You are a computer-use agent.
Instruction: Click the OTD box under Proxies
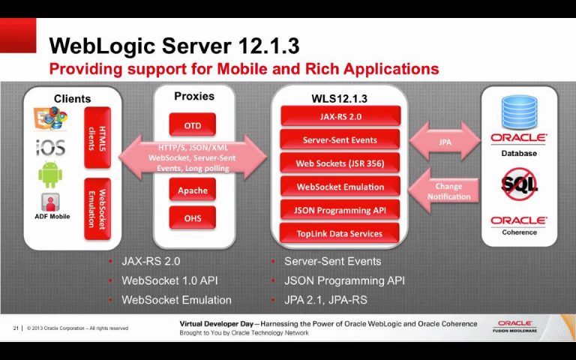pyautogui.click(x=193, y=125)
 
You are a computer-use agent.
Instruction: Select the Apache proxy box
pyautogui.click(x=193, y=190)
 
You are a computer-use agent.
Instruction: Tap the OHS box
pyautogui.click(x=193, y=217)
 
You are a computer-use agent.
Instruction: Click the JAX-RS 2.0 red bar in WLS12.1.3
pyautogui.click(x=340, y=116)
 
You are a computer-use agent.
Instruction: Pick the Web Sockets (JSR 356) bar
pyautogui.click(x=340, y=163)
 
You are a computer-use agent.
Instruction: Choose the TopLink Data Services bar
pyautogui.click(x=340, y=233)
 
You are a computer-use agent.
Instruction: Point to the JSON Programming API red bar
pyautogui.click(x=340, y=210)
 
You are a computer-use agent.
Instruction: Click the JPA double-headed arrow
pyautogui.click(x=445, y=142)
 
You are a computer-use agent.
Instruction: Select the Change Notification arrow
pyautogui.click(x=444, y=191)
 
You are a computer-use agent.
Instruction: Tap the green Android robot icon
pyautogui.click(x=50, y=175)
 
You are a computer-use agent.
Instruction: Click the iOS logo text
pyautogui.click(x=51, y=147)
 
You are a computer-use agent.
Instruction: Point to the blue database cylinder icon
pyautogui.click(x=519, y=112)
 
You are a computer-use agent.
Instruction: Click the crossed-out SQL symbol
pyautogui.click(x=519, y=184)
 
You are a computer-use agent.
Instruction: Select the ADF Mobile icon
pyautogui.click(x=50, y=202)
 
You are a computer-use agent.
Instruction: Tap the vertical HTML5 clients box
pyautogui.click(x=97, y=138)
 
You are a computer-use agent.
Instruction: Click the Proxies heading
pyautogui.click(x=194, y=96)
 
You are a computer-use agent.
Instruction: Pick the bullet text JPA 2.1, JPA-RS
pyautogui.click(x=325, y=300)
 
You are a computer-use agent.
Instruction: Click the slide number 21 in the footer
pyautogui.click(x=16, y=328)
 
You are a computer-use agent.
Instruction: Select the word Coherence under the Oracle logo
pyautogui.click(x=519, y=232)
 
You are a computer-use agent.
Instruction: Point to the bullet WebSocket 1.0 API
pyautogui.click(x=169, y=280)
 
